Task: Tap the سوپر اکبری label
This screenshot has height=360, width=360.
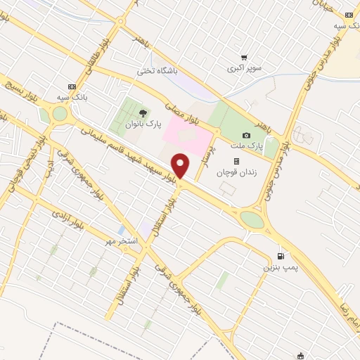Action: pyautogui.click(x=243, y=69)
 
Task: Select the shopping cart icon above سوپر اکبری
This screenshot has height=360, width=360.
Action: pyautogui.click(x=243, y=58)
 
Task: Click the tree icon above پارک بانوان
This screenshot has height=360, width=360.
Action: pyautogui.click(x=143, y=112)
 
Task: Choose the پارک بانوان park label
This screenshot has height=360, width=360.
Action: pyautogui.click(x=143, y=124)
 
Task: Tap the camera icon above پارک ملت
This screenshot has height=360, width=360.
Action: pyautogui.click(x=246, y=135)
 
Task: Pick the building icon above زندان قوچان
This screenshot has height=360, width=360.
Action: pyautogui.click(x=236, y=161)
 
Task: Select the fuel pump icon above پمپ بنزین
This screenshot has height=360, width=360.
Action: pyautogui.click(x=281, y=257)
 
